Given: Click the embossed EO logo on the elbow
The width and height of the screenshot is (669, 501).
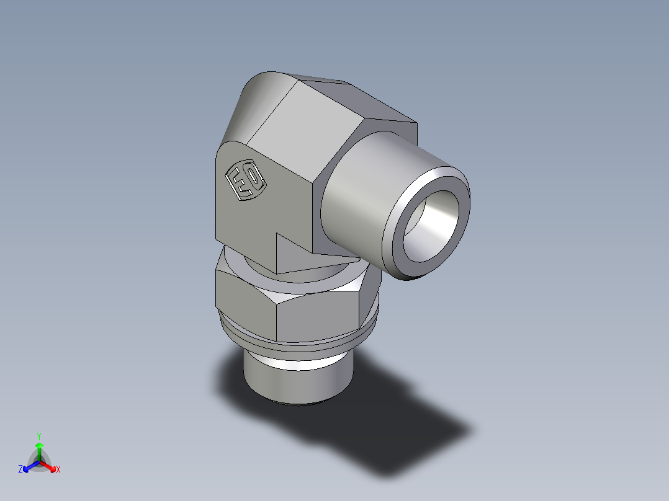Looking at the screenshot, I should tap(246, 181).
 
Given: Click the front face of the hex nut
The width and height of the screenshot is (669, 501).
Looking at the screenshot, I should tap(317, 316).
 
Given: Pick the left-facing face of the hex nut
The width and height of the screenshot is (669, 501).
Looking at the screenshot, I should tap(245, 301).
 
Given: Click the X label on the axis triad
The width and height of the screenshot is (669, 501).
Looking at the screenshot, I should tap(58, 470).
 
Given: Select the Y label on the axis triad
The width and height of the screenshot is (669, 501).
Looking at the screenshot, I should tap(39, 435).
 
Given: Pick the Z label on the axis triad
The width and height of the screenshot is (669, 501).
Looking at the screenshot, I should tap(20, 470).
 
